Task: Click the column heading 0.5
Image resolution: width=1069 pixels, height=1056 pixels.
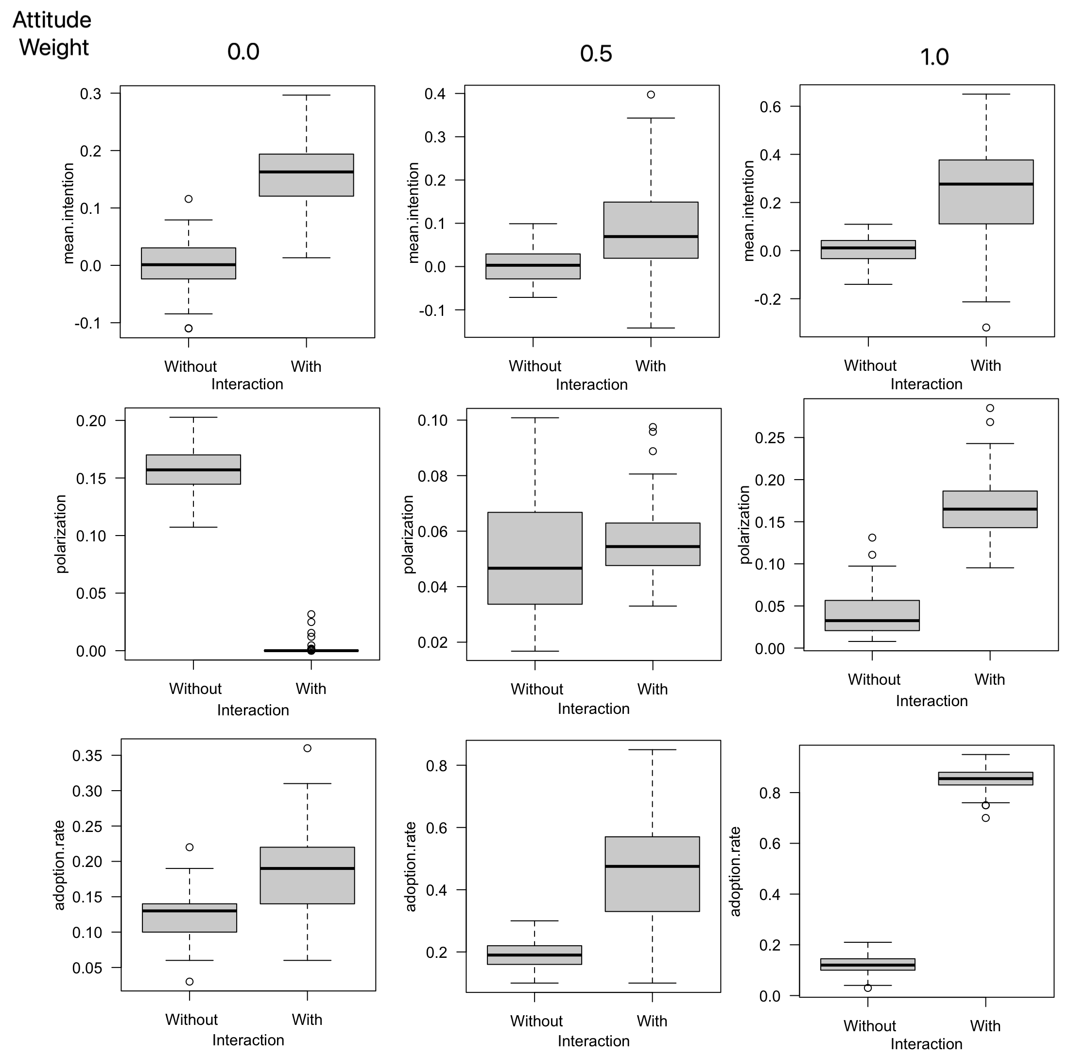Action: coord(595,53)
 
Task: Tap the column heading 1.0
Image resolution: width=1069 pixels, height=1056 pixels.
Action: coord(934,57)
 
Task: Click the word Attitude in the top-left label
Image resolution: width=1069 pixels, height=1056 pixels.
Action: coord(52,20)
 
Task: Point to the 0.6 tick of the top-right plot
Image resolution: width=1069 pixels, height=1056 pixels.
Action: coord(770,106)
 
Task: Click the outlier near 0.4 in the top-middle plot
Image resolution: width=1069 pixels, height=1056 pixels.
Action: coord(651,95)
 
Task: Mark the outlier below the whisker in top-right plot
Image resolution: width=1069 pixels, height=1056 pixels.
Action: coord(986,328)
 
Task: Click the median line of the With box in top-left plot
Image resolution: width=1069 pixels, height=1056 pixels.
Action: coord(306,172)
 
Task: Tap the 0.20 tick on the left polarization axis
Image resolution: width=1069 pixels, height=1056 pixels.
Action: coord(91,421)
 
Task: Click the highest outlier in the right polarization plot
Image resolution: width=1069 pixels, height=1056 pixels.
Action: coord(990,408)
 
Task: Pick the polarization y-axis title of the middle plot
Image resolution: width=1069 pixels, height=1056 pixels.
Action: coord(408,534)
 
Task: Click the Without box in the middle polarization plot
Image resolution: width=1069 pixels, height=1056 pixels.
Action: coord(534,558)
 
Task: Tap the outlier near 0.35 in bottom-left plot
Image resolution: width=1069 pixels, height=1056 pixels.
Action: coord(307,748)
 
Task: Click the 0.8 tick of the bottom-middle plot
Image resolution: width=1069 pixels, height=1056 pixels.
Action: coord(436,765)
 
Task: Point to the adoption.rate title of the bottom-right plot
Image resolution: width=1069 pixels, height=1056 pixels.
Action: coord(735,871)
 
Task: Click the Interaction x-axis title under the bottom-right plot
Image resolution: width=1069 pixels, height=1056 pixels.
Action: coord(926,1044)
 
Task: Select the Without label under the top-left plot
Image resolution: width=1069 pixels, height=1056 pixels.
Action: coord(190,366)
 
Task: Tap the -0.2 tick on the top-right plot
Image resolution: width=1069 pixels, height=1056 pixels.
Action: coord(767,299)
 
